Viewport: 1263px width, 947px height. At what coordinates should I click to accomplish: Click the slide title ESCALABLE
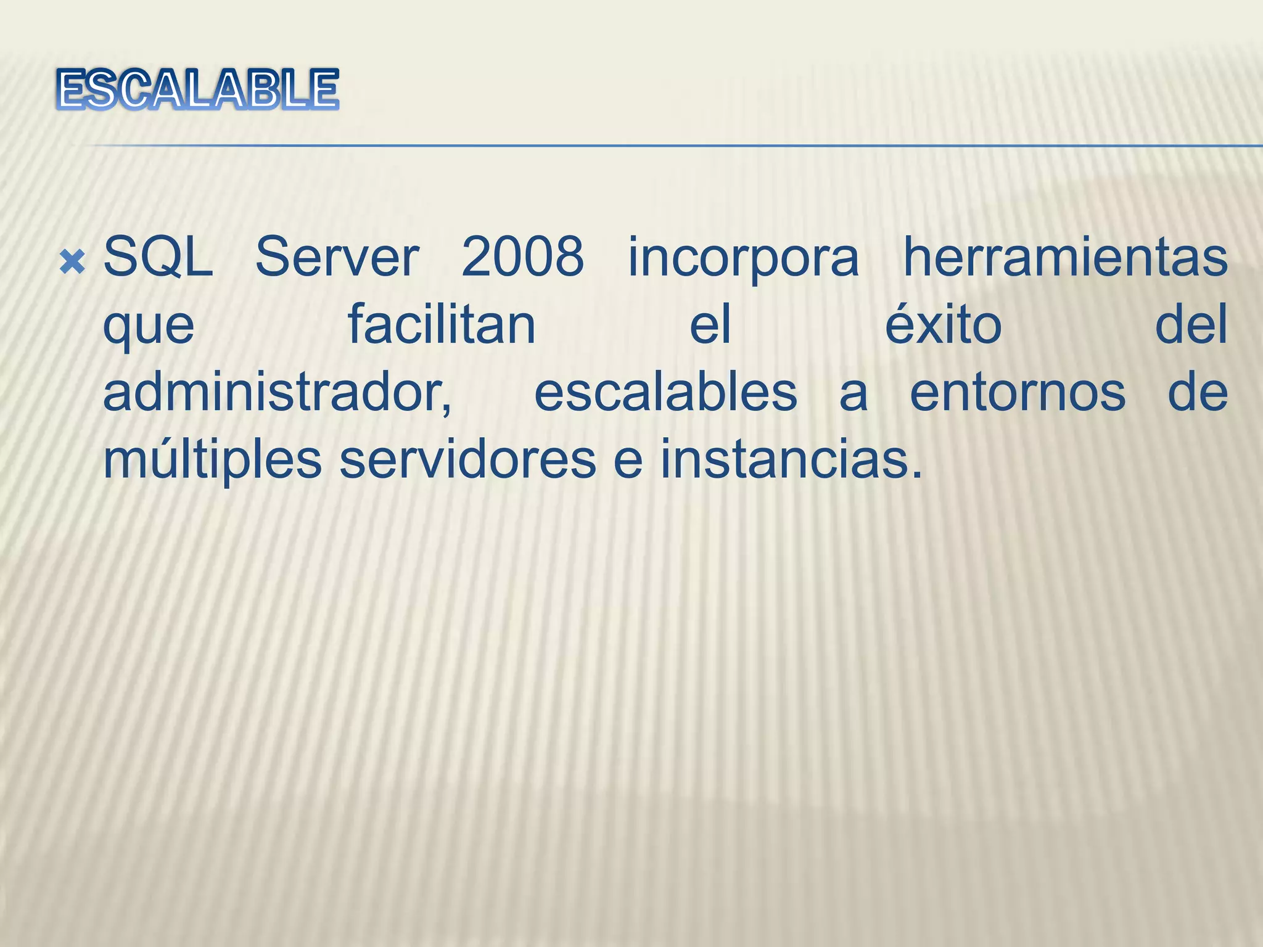coord(197,90)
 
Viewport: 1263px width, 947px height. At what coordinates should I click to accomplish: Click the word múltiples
coord(212,461)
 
